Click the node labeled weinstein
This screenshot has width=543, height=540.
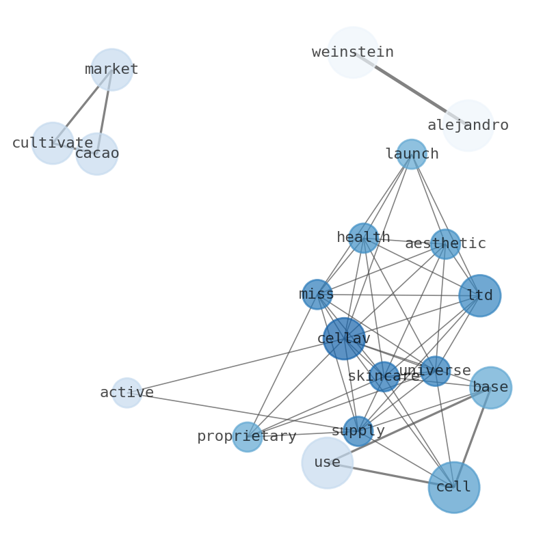(x=353, y=53)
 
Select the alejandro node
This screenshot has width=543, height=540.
(x=468, y=126)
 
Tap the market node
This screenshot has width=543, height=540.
(x=111, y=70)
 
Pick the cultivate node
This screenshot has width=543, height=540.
(x=53, y=144)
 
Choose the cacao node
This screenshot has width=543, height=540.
(x=96, y=154)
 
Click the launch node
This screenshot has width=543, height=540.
(x=412, y=154)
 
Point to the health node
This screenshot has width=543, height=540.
(x=363, y=238)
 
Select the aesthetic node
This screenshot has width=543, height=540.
(x=445, y=244)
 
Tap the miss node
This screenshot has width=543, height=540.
(x=317, y=295)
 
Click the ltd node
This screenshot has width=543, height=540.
(x=479, y=296)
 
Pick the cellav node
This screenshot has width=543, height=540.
(x=344, y=338)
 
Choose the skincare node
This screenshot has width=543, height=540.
(x=384, y=377)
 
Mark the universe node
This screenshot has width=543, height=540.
(x=435, y=371)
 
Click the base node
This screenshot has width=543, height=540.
(x=490, y=388)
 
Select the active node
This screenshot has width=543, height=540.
(x=127, y=393)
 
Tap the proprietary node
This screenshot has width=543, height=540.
(x=247, y=437)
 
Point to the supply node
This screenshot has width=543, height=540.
(x=358, y=431)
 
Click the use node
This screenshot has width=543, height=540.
(x=327, y=463)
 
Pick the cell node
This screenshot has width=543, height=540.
(x=453, y=487)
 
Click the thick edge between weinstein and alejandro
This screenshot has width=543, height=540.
(x=410, y=89)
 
